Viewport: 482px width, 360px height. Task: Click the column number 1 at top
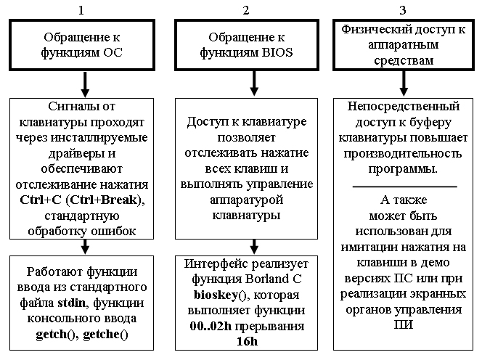click(81, 10)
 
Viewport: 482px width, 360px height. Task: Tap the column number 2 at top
click(246, 10)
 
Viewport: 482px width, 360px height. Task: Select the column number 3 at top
click(403, 10)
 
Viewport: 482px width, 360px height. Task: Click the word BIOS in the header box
click(277, 52)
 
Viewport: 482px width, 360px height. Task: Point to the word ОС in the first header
click(113, 52)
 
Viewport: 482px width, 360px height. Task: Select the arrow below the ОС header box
click(85, 84)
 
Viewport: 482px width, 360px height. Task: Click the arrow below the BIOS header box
click(254, 83)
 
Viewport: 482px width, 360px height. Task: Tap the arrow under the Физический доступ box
click(404, 83)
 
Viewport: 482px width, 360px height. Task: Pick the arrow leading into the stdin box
click(85, 247)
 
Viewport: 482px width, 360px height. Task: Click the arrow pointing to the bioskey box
click(254, 247)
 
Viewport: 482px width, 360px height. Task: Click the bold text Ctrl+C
click(41, 200)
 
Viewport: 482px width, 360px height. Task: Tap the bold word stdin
click(71, 303)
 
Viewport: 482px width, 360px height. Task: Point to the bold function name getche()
click(105, 335)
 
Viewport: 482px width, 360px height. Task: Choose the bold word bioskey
click(216, 295)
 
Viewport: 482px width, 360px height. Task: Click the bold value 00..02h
click(211, 326)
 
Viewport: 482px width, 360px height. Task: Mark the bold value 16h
click(247, 342)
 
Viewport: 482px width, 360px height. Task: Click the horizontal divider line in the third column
click(404, 187)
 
